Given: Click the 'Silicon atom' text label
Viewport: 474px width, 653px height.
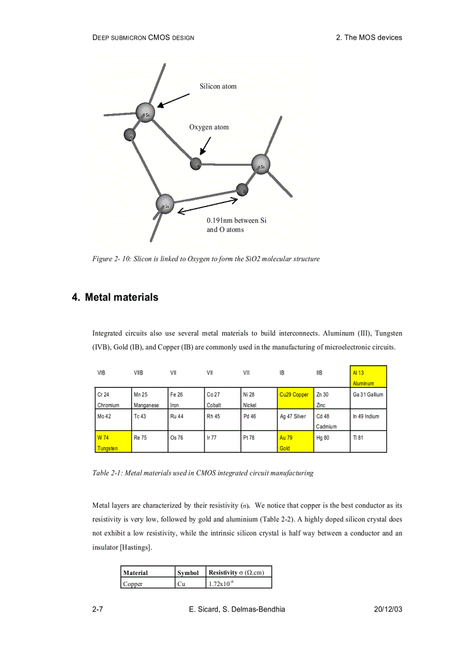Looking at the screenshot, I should (218, 87).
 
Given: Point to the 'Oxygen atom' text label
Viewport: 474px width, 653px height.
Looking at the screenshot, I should (209, 127).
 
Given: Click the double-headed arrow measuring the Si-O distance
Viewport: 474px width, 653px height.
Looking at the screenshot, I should (207, 206).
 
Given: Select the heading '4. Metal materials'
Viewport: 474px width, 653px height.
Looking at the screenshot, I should (115, 297).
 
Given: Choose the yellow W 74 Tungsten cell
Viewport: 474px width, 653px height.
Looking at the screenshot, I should (113, 442).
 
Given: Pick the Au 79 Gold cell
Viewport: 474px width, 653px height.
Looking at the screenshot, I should (295, 442).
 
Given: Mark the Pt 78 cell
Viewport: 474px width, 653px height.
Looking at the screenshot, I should (258, 442).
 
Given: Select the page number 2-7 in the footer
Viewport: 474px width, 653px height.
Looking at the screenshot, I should (98, 609).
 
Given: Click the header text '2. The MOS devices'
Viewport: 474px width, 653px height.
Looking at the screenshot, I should (369, 37).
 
